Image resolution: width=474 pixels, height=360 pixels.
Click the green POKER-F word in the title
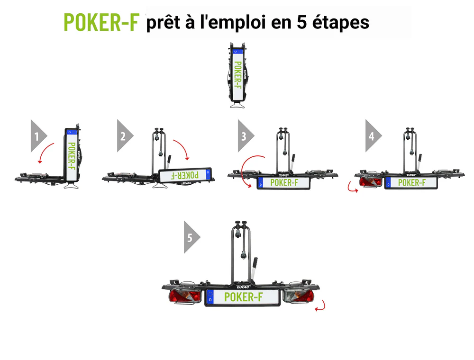point(101,22)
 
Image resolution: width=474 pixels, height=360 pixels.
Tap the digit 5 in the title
point(301,22)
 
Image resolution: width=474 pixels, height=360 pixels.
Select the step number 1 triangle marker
point(39,136)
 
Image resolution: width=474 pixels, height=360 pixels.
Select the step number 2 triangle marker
point(125,136)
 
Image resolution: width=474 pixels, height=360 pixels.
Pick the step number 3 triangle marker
point(246,136)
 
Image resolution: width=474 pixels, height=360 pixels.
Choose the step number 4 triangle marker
point(374,136)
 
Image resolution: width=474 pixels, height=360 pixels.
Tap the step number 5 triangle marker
point(192,237)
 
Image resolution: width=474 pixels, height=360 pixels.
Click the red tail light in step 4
point(371,182)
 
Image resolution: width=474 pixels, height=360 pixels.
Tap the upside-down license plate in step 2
point(185,175)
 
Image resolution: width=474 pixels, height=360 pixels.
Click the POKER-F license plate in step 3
point(283,183)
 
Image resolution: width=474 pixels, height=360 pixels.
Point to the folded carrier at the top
point(237,75)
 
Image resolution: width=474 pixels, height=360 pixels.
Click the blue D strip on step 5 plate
point(210,297)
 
